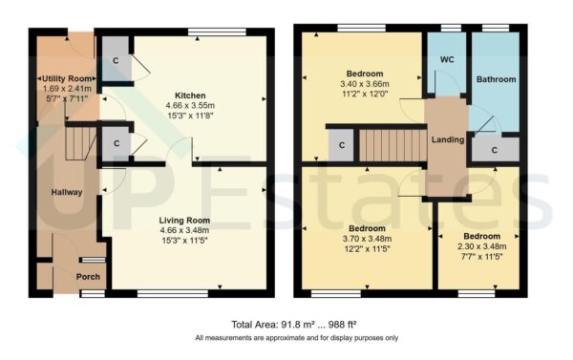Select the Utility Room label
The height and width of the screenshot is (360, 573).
tap(64, 78)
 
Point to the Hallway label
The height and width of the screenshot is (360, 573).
tap(67, 192)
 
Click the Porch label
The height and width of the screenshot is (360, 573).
tap(88, 277)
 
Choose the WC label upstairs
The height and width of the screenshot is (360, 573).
tap(446, 60)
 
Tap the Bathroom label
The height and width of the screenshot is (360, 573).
tap(496, 79)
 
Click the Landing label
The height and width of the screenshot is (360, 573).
tap(448, 139)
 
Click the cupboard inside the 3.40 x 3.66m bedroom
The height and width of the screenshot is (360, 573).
tap(340, 145)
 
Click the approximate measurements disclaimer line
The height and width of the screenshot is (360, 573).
tap(296, 338)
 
